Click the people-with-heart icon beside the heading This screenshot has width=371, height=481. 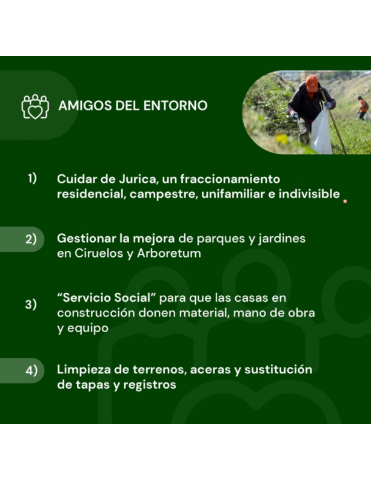pos(35,106)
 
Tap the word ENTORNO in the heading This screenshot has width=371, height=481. pos(175,106)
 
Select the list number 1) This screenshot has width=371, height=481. pos(32,178)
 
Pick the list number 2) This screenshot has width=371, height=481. pos(31,239)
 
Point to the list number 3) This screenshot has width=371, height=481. pos(31,304)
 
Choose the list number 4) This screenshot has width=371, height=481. pos(32,370)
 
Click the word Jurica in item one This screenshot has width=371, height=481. pos(138,179)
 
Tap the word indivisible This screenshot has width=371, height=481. pos(309,194)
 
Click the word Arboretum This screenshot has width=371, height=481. pos(169,253)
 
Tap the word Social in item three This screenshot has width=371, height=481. pos(135,298)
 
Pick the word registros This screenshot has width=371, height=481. pos(150,384)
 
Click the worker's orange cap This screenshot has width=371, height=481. pos(312,83)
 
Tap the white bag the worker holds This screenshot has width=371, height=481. pos(321,132)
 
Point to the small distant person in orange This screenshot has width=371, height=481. pos(363,107)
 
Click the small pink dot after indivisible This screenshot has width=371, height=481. pos(346,202)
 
